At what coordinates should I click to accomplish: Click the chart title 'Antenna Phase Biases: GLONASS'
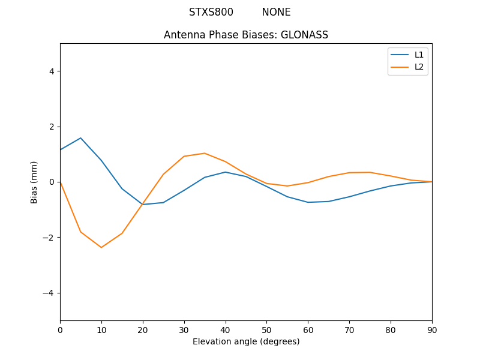[246, 35]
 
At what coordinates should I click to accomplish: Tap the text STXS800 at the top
[211, 12]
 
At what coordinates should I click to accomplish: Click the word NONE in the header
[276, 12]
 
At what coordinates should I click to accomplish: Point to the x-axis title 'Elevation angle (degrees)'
[246, 341]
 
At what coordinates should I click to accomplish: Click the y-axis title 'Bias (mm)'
[34, 182]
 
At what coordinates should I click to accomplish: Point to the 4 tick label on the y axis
[52, 71]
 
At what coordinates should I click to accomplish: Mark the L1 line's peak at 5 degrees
[80, 138]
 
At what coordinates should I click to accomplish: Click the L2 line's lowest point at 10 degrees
[101, 247]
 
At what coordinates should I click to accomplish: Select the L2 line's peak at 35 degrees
[205, 153]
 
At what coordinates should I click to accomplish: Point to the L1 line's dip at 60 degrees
[308, 202]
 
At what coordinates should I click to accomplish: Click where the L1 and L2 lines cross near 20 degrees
[143, 204]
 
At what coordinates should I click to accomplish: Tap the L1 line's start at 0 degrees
[61, 149]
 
